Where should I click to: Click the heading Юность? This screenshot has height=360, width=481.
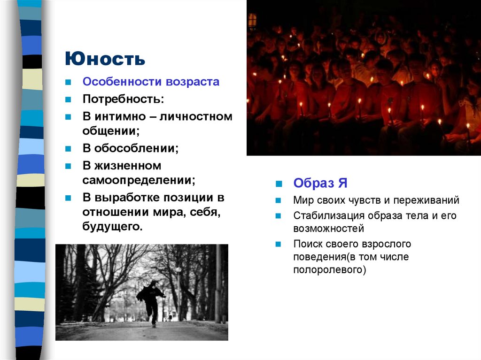click(x=105, y=59)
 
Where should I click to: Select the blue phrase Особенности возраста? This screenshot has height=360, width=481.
click(x=151, y=82)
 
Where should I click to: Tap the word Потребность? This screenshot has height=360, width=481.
click(x=124, y=100)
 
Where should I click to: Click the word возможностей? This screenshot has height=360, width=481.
click(x=328, y=229)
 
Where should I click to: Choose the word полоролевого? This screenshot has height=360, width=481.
click(x=329, y=270)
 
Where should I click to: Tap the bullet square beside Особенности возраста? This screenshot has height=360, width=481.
click(x=68, y=82)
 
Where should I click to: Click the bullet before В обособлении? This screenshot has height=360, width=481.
click(x=68, y=149)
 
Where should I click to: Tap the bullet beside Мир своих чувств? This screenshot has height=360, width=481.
click(x=278, y=200)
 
